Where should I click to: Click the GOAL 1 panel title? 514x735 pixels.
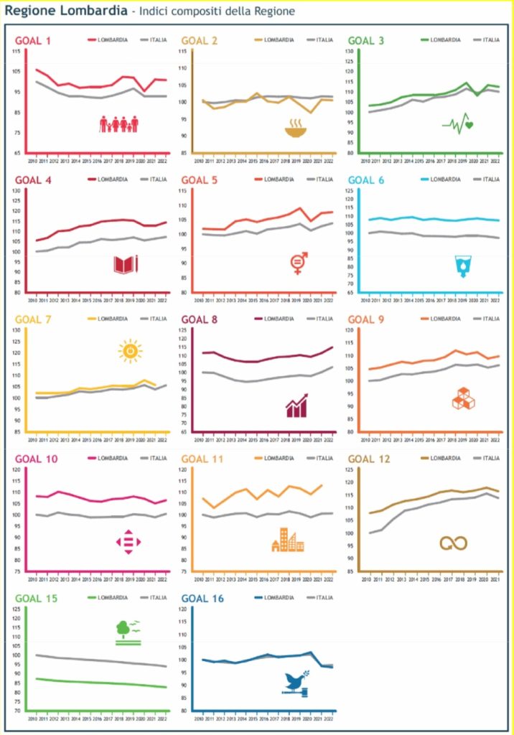tap(33, 40)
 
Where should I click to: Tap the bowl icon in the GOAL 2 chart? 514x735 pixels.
tap(294, 129)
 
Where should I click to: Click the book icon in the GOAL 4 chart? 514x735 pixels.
tap(125, 265)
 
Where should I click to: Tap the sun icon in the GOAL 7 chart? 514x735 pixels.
tap(130, 350)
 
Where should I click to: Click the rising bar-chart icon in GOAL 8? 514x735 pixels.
tap(296, 406)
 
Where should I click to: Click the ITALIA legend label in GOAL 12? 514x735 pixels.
tap(491, 458)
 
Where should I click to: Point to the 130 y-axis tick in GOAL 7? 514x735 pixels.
tap(16, 329)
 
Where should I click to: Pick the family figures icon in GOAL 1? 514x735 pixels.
tap(118, 124)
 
